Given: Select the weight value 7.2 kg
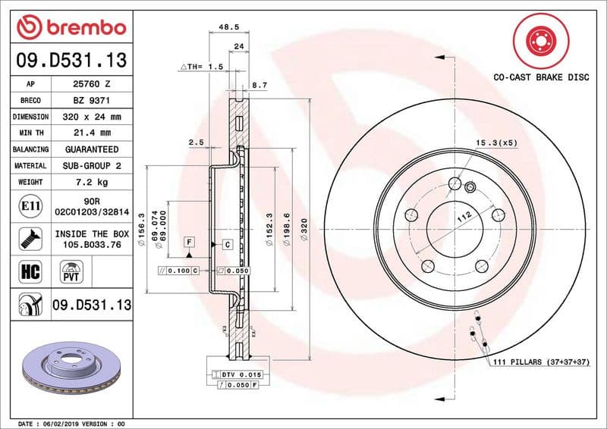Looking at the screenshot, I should pyautogui.click(x=92, y=183).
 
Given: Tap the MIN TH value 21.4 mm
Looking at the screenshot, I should pyautogui.click(x=92, y=133).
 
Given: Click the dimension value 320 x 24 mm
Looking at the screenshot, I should pyautogui.click(x=92, y=117).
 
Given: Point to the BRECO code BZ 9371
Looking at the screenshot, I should pyautogui.click(x=92, y=101).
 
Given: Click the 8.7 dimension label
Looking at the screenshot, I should pyautogui.click(x=259, y=86).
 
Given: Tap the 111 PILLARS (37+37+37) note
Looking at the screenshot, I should pyautogui.click(x=539, y=363).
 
